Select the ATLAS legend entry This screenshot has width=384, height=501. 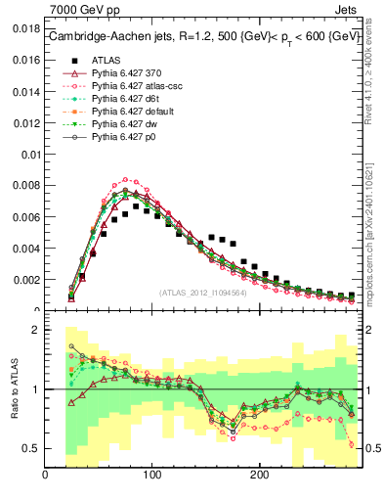[107, 59]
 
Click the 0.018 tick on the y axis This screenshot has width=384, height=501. [24, 29]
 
